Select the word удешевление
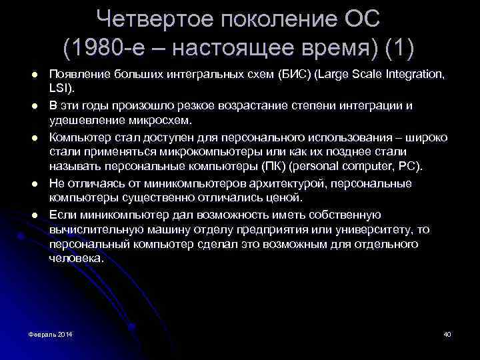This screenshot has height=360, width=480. tap(86, 121)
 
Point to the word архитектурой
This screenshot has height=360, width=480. tap(265, 183)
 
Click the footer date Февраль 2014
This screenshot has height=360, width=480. tap(51, 333)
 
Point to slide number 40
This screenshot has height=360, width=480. tap(447, 333)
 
